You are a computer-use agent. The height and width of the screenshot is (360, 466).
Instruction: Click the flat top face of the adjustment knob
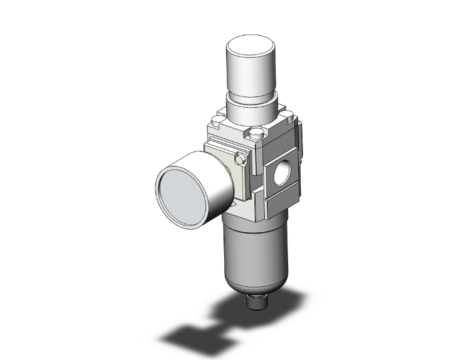pos(251,48)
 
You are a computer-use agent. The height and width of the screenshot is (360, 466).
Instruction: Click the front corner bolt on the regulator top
pos(256,134)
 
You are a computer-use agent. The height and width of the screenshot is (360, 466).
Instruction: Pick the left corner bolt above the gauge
pos(217,120)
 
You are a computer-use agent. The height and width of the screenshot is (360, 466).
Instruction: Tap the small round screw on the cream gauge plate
pos(238,160)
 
